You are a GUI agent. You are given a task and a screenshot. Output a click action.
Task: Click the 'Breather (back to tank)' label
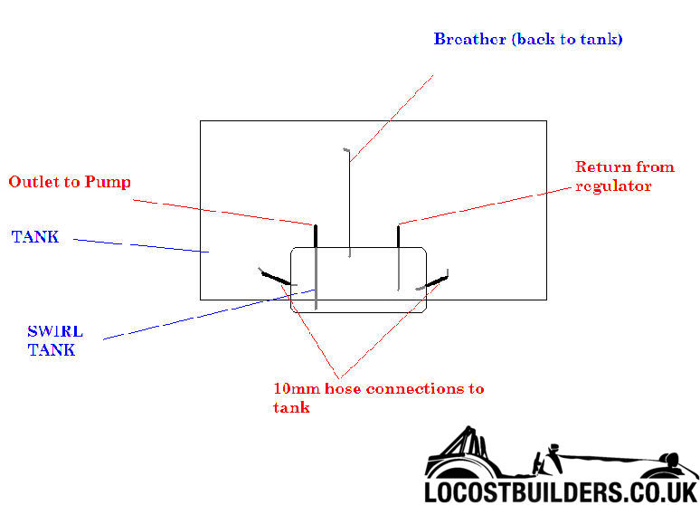527,39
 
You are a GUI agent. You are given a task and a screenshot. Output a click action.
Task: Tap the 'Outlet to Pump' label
70,182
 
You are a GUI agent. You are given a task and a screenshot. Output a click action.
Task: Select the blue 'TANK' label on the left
35,237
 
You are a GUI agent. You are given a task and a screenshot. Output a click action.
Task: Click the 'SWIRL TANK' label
51,341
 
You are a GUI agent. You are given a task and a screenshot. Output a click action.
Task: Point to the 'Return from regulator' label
624,176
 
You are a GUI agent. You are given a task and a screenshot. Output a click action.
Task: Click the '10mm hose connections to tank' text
378,397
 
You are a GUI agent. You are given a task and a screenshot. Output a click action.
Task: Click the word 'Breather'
469,39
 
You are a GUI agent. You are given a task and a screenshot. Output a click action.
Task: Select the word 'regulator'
614,186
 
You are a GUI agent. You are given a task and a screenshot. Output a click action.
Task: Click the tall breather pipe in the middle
349,204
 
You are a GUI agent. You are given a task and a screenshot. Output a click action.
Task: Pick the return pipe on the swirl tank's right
398,258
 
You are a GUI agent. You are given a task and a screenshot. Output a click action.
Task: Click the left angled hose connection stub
277,278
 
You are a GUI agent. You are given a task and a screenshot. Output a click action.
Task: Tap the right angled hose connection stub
434,281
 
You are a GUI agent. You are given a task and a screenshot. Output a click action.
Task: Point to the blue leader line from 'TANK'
140,245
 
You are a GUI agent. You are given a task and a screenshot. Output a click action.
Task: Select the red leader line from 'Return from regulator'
488,202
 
